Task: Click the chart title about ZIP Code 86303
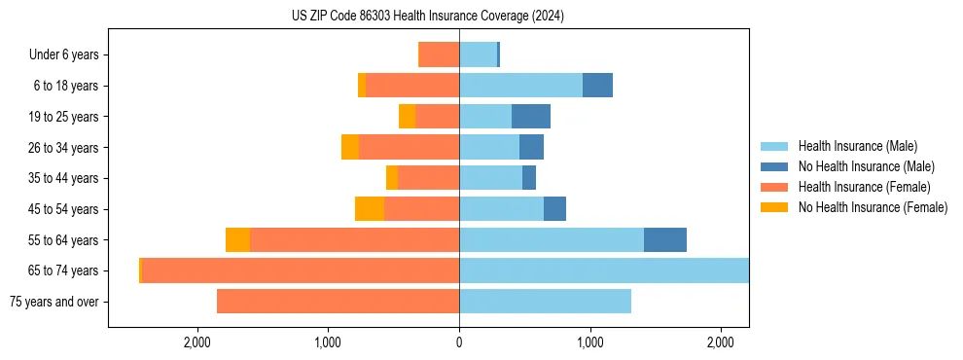pyautogui.click(x=428, y=16)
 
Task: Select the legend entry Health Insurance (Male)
pyautogui.click(x=857, y=146)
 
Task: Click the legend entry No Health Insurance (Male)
pyautogui.click(x=866, y=166)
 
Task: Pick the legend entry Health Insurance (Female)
pyautogui.click(x=864, y=187)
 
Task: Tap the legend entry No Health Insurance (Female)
pyautogui.click(x=873, y=207)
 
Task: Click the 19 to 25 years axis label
pyautogui.click(x=63, y=117)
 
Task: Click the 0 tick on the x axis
pyautogui.click(x=459, y=342)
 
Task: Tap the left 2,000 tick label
pyautogui.click(x=197, y=342)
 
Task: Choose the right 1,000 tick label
pyautogui.click(x=589, y=342)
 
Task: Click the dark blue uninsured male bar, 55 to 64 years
pyautogui.click(x=665, y=239)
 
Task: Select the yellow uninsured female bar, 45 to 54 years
pyautogui.click(x=370, y=209)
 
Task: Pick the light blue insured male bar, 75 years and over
pyautogui.click(x=545, y=302)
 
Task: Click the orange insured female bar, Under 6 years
pyautogui.click(x=439, y=54)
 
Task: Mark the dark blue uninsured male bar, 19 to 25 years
pyautogui.click(x=531, y=117)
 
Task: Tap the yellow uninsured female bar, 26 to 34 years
pyautogui.click(x=349, y=147)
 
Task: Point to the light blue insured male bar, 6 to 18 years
pyautogui.click(x=520, y=86)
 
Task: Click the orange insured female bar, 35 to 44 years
pyautogui.click(x=428, y=178)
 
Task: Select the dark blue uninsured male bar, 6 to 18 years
pyautogui.click(x=597, y=86)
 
